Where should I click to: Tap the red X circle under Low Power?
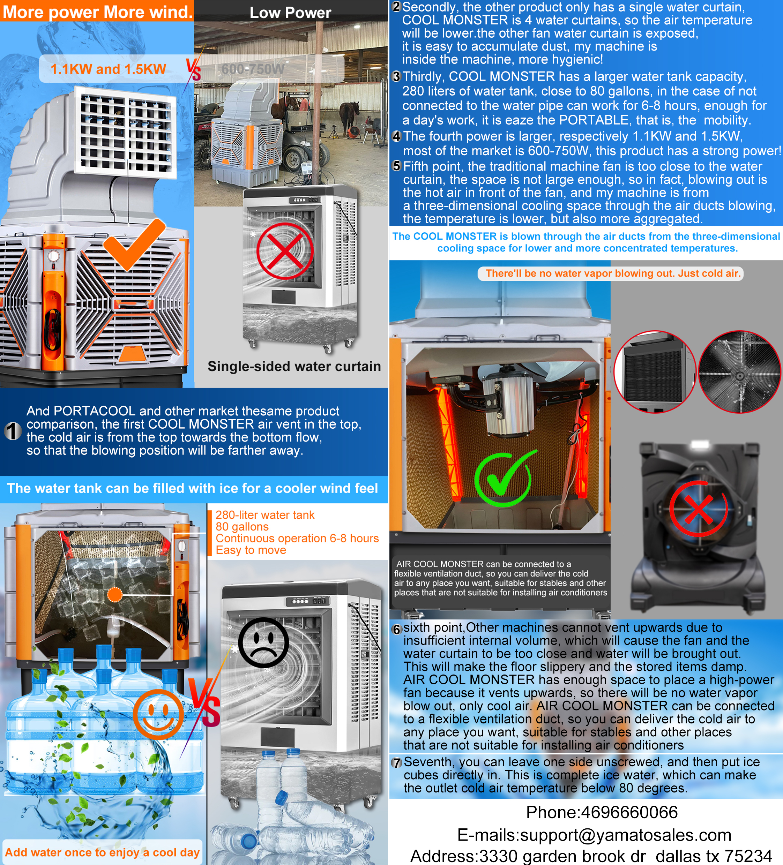pyautogui.click(x=285, y=251)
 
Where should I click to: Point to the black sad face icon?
pyautogui.click(x=263, y=642)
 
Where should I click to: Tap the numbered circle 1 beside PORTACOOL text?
pyautogui.click(x=13, y=431)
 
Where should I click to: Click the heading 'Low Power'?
pyautogui.click(x=291, y=13)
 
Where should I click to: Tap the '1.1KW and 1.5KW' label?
pyautogui.click(x=108, y=69)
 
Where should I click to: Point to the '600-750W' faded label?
pyautogui.click(x=253, y=69)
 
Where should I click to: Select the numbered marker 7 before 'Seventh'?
pyautogui.click(x=397, y=762)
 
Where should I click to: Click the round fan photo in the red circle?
pyautogui.click(x=740, y=372)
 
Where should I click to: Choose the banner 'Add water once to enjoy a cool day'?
pyautogui.click(x=102, y=852)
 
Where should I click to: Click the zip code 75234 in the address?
pyautogui.click(x=748, y=856)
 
